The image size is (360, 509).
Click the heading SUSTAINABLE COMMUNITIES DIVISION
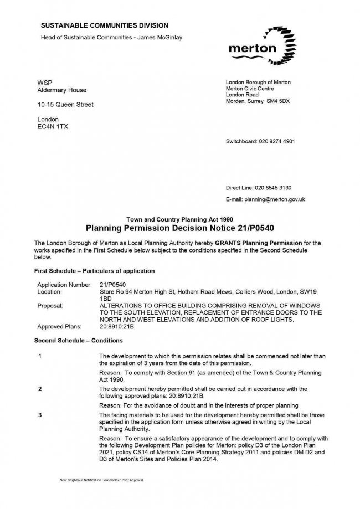click(105, 25)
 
